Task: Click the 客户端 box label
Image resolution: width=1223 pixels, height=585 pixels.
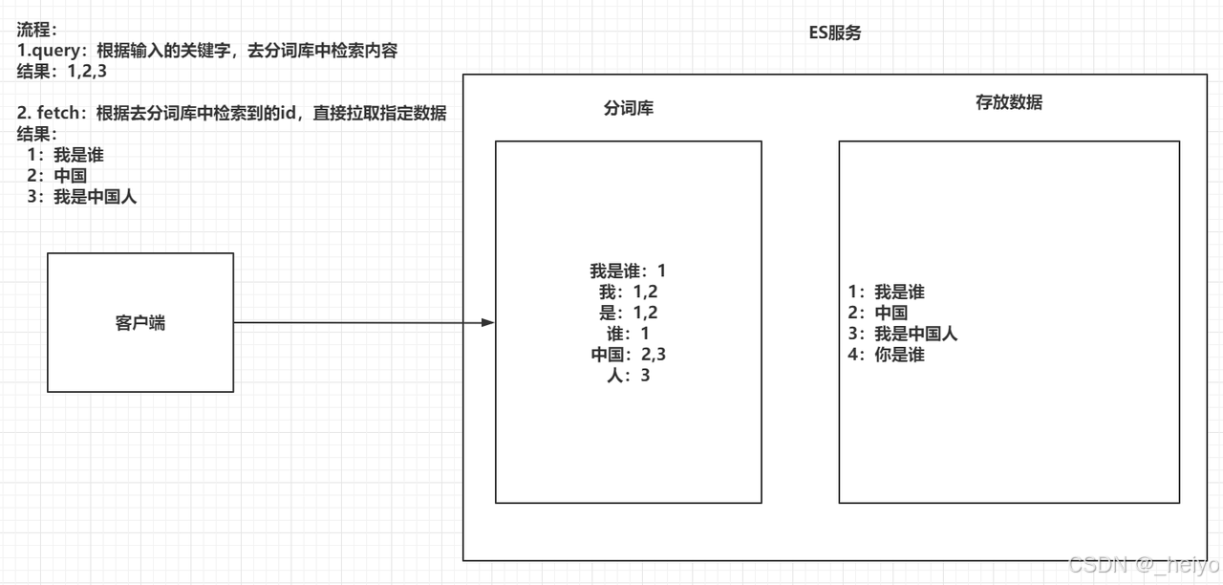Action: [140, 323]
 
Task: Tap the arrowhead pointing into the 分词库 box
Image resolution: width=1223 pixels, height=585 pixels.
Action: [488, 323]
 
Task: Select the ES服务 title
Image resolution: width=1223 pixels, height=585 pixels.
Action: [834, 33]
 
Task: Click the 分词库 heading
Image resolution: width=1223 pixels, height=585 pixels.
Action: [628, 108]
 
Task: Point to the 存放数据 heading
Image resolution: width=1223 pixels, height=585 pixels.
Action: [1009, 102]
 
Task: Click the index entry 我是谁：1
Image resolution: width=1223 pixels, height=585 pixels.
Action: [628, 271]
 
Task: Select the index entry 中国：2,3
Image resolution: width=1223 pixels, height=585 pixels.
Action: [628, 355]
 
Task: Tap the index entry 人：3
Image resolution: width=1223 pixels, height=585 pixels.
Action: [628, 376]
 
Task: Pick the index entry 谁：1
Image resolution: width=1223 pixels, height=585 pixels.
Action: [628, 334]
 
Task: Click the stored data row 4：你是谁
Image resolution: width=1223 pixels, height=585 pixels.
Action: [886, 355]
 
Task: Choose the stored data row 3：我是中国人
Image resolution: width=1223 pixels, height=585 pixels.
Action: [902, 334]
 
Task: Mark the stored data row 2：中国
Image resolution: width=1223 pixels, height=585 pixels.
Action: [877, 313]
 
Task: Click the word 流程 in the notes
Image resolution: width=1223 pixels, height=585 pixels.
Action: [35, 30]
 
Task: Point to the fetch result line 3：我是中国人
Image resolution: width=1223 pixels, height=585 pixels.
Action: [82, 198]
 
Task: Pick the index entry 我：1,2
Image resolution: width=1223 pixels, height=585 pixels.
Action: [628, 292]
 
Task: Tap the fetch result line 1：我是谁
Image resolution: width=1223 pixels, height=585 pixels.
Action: [65, 155]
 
